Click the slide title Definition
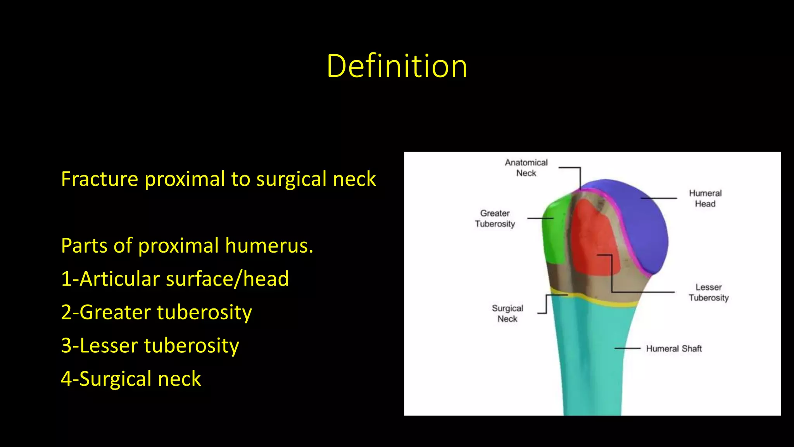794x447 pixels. point(397,66)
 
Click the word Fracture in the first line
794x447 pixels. point(100,179)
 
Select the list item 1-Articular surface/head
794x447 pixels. point(175,279)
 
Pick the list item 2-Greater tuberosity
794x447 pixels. point(156,312)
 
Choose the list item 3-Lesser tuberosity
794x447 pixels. point(150,345)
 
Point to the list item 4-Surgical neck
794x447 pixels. point(131,379)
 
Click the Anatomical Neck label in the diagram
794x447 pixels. point(526,168)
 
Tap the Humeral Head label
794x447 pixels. point(705,198)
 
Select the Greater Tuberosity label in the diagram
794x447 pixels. point(495,218)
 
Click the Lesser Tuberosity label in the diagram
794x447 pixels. point(709,292)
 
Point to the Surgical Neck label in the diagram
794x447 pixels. point(507,313)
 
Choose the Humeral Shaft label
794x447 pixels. point(674,348)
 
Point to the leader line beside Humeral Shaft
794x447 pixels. point(627,348)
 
